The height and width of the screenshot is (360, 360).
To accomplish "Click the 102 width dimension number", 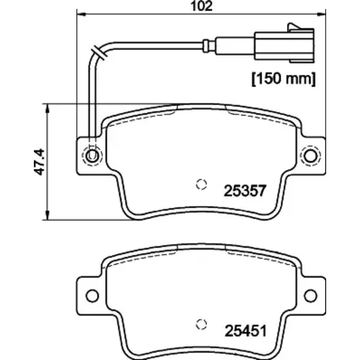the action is point(202,6).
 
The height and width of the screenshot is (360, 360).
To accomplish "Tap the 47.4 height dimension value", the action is point(39,162).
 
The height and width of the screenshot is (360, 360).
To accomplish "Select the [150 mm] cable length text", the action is point(284,78).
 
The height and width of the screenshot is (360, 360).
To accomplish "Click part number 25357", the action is point(245,191).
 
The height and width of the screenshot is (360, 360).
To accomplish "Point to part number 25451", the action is point(246,331).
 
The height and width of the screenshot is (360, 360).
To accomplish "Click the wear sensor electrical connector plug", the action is point(284,45).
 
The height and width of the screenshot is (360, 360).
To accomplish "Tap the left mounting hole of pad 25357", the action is point(92,156).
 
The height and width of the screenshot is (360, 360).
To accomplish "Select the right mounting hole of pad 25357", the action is point(310,156).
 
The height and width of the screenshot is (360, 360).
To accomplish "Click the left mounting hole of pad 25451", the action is point(92,296).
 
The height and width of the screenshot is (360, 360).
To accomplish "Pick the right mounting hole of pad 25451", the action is point(310,296).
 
